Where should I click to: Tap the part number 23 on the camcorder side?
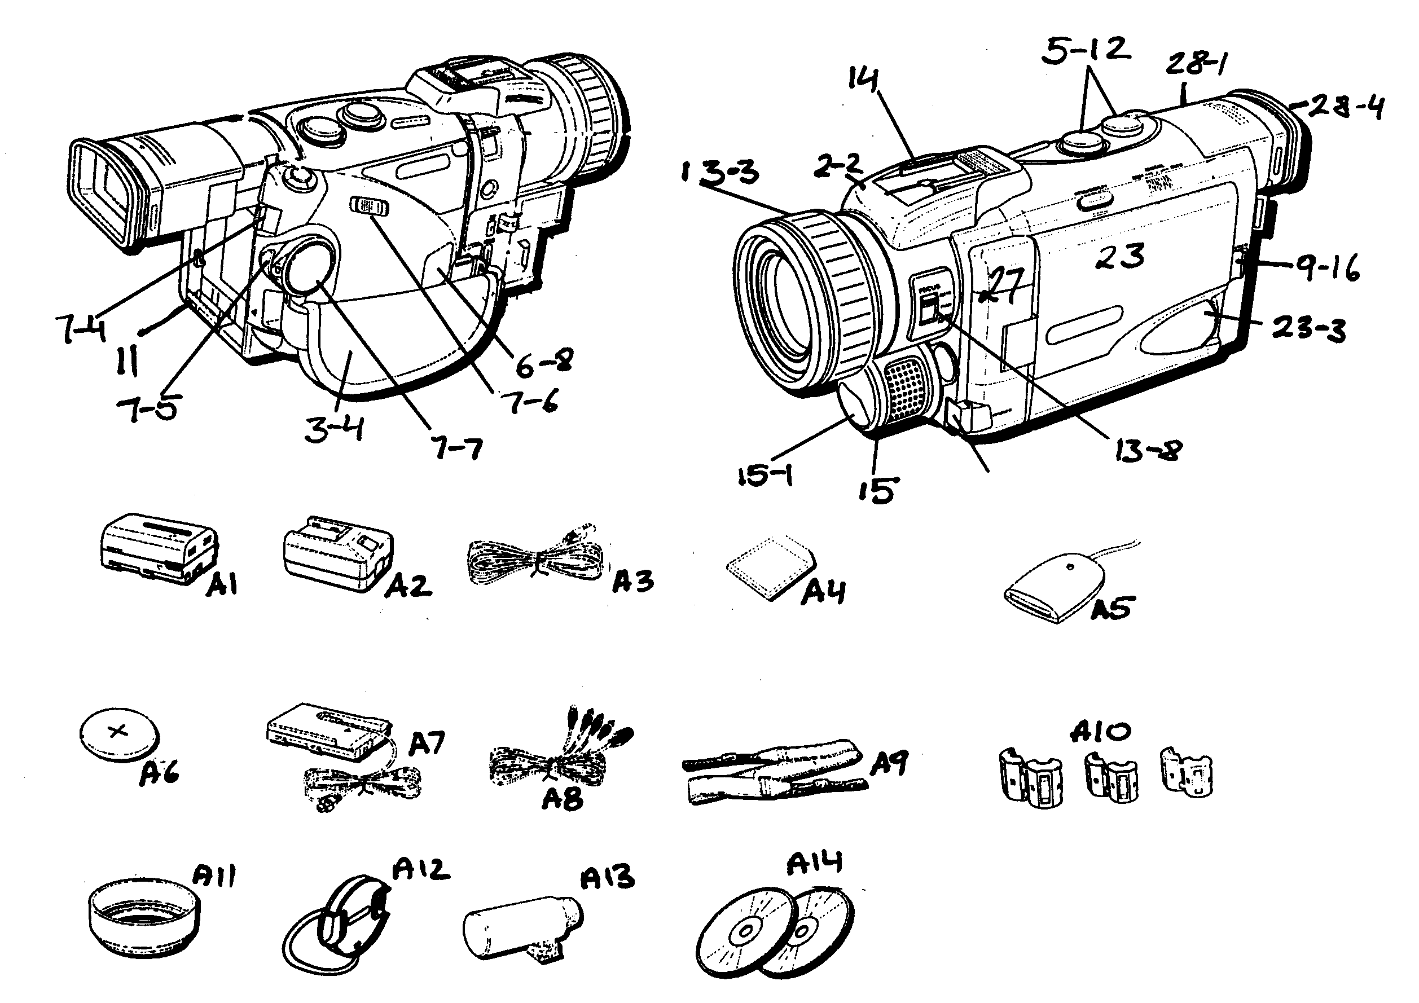[x=1119, y=256]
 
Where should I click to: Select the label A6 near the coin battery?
[x=159, y=772]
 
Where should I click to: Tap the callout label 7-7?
[x=458, y=448]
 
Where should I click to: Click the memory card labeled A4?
[x=769, y=567]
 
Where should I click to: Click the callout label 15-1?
[x=765, y=476]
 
